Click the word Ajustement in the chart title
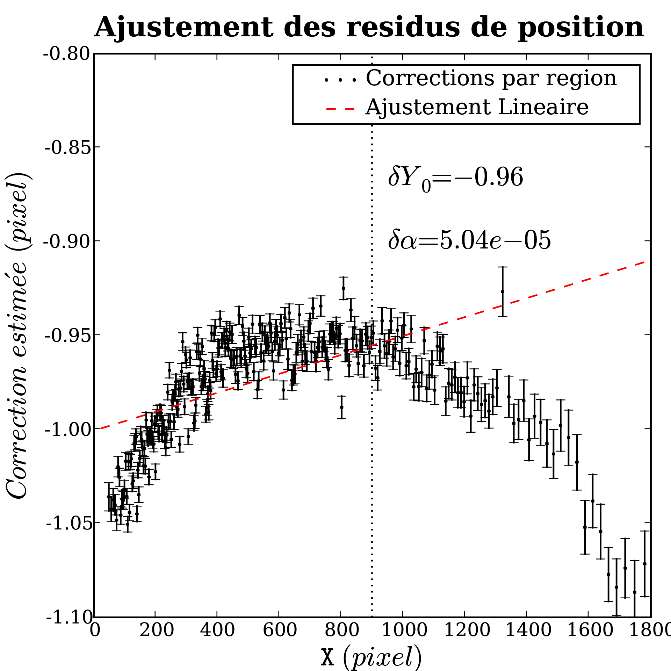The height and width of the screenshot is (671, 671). tap(184, 27)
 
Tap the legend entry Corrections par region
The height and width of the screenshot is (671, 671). tap(491, 78)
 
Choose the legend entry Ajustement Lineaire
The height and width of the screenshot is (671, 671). tap(477, 107)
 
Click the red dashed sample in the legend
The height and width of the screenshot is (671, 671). tap(341, 109)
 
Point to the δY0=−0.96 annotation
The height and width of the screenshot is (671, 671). tap(455, 178)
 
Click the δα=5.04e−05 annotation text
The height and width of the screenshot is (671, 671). tap(469, 240)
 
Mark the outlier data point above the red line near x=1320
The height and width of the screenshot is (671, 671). tap(503, 291)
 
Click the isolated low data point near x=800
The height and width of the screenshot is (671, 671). tap(342, 407)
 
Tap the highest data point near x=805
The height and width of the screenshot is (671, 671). tap(344, 288)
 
